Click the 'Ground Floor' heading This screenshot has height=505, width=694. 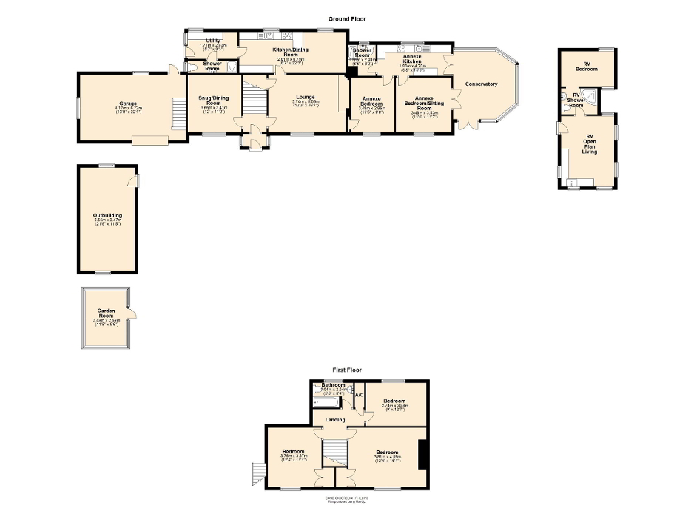click(347, 18)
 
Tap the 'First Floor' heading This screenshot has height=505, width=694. click(347, 370)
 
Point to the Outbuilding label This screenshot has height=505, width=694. click(108, 216)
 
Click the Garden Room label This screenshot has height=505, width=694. click(105, 313)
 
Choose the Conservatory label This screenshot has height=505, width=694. click(482, 84)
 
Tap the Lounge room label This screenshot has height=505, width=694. click(306, 97)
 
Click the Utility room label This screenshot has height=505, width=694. click(212, 41)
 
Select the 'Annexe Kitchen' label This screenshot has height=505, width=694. click(412, 59)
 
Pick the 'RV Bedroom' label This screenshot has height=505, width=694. click(587, 67)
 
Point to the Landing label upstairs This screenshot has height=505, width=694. click(336, 420)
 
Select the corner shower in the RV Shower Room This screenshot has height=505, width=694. click(590, 95)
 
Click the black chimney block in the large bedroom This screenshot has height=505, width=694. click(421, 454)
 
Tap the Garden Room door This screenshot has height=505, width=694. click(132, 316)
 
